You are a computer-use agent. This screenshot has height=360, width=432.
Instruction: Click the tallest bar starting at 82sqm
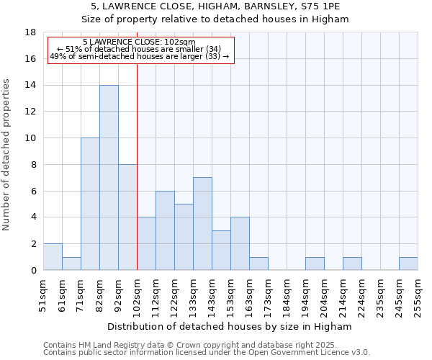click(109, 178)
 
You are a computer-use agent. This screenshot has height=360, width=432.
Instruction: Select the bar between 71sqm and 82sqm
click(90, 204)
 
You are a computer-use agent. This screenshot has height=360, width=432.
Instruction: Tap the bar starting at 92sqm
click(127, 217)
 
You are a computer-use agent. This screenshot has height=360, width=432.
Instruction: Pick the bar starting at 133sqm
click(202, 224)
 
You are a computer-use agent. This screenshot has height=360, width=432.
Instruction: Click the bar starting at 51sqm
click(53, 257)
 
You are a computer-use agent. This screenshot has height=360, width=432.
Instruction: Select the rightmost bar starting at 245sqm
click(408, 264)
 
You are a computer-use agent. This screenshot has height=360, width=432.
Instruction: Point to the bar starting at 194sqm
click(315, 264)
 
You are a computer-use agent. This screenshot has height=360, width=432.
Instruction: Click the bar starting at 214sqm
click(352, 264)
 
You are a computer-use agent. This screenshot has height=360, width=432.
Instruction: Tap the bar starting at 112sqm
click(165, 230)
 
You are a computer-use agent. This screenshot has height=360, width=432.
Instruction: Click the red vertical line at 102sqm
click(137, 166)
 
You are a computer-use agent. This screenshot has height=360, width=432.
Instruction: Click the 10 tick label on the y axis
click(31, 138)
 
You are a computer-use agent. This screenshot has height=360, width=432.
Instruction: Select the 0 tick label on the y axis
click(33, 271)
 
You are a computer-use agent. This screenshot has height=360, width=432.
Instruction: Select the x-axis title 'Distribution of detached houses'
click(229, 326)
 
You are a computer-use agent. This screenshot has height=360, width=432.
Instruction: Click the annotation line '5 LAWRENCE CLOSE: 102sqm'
click(139, 42)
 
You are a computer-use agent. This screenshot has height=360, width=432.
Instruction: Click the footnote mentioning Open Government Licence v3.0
click(207, 353)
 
